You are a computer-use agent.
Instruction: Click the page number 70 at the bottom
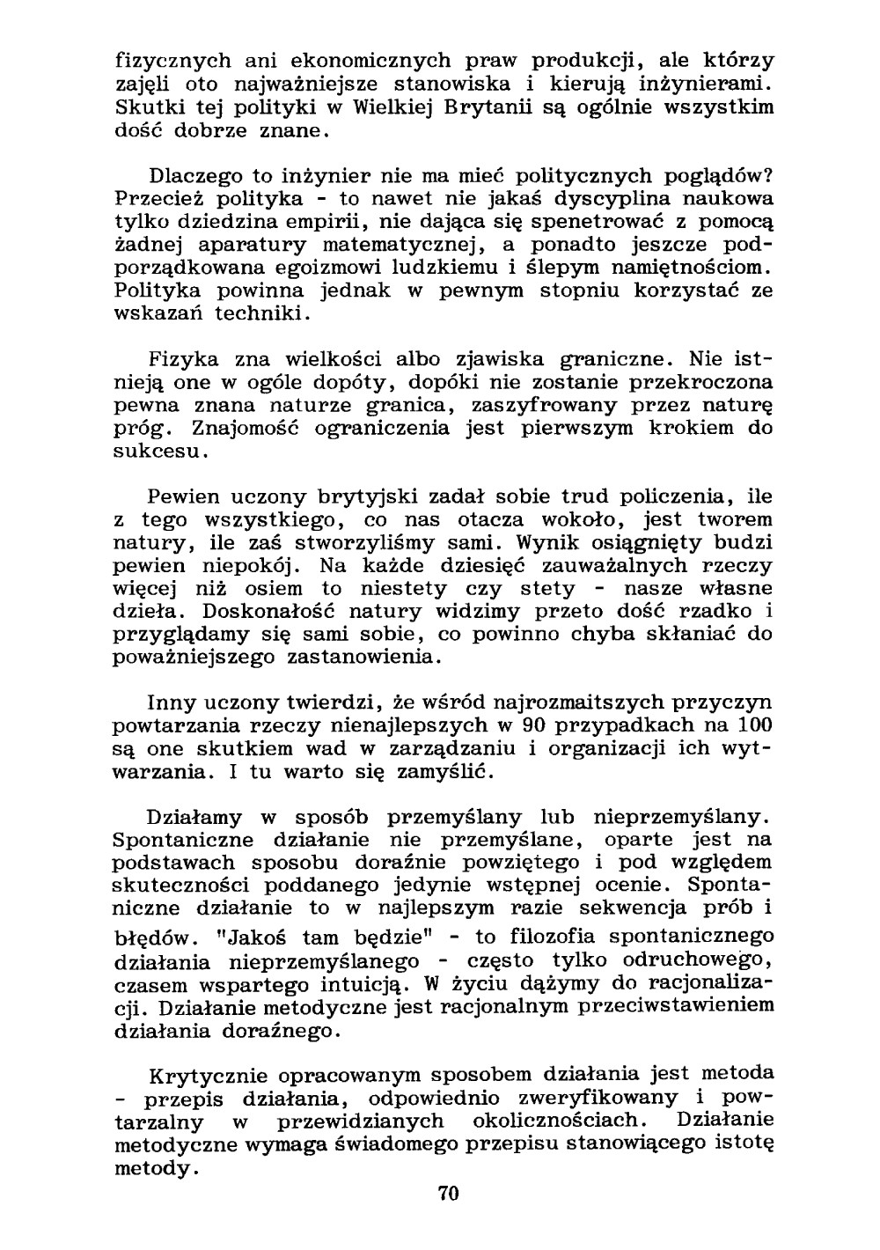pyautogui.click(x=449, y=1195)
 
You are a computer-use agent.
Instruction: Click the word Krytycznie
pyautogui.click(x=209, y=1076)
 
